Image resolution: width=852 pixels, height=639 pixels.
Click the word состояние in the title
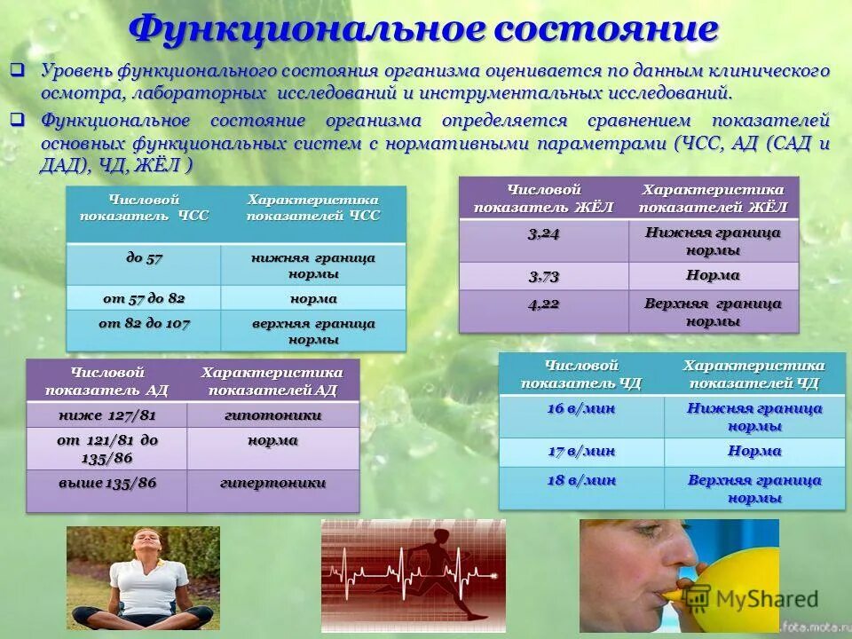click(x=604, y=29)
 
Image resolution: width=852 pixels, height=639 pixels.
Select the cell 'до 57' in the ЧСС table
click(x=144, y=258)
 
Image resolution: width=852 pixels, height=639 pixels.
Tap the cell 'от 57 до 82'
click(x=144, y=297)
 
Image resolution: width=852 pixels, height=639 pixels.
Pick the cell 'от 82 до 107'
click(x=144, y=324)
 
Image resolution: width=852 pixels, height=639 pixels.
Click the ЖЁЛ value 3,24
click(x=543, y=233)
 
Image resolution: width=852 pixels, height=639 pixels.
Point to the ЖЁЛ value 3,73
click(x=543, y=275)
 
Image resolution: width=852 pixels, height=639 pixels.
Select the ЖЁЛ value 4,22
click(x=543, y=304)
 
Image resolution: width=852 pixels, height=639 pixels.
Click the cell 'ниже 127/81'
click(x=106, y=414)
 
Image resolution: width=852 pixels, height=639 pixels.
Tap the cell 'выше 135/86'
click(x=106, y=483)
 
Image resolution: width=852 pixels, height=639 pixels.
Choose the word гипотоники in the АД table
click(x=272, y=414)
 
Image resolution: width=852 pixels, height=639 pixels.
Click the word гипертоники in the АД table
click(x=272, y=483)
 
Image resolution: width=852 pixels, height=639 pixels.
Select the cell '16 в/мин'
click(x=581, y=409)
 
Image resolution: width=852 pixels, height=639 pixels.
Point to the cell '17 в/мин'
click(x=581, y=452)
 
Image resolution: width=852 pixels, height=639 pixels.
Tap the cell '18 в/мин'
click(x=581, y=480)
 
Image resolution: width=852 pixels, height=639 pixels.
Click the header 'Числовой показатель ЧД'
click(x=581, y=374)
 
